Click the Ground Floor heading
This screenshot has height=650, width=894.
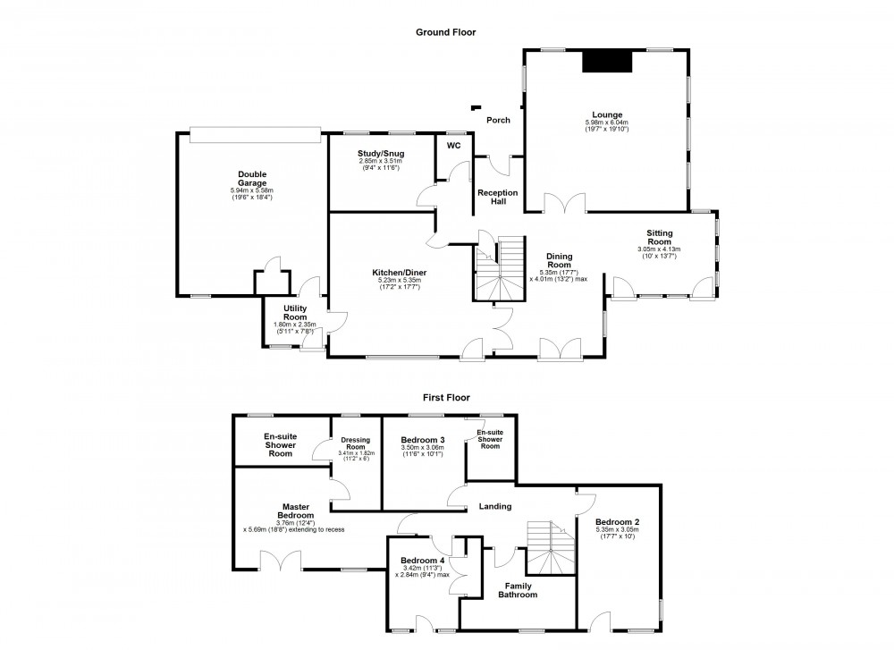coord(445,32)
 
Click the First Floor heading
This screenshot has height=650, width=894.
coord(446,398)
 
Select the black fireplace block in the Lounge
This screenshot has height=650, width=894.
coord(607,61)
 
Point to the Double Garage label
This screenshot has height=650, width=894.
coord(251,179)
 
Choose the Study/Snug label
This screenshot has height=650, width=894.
coord(381,154)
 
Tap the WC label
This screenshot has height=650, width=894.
coord(453,145)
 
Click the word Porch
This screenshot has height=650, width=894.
coord(498,121)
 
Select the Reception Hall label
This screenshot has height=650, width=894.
coord(498,198)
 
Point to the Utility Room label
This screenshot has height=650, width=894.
coord(295,312)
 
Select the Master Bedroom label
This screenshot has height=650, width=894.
coord(295,511)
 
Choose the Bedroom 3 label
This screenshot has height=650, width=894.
coord(423,439)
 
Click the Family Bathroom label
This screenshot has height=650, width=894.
coord(518,590)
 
